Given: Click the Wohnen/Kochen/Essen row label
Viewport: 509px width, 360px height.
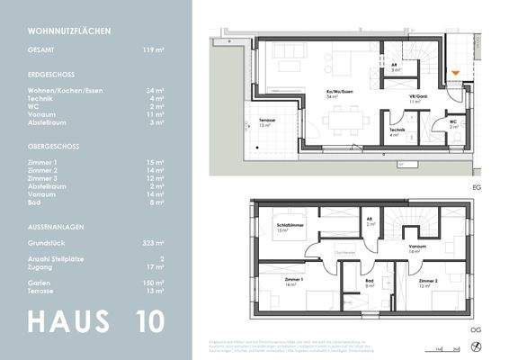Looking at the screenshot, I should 68,91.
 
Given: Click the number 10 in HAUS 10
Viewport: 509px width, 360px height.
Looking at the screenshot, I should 154,321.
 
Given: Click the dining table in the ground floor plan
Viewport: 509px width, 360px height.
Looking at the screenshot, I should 345,120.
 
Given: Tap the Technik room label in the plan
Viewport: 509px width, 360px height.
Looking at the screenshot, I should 397,131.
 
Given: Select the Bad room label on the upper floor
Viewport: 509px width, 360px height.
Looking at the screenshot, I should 370,281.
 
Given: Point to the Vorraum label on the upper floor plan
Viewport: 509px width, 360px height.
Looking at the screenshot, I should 416,248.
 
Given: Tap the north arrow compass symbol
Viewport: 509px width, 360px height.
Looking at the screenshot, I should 476,345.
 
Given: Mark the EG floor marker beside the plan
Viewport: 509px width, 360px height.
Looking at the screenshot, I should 476,187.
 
